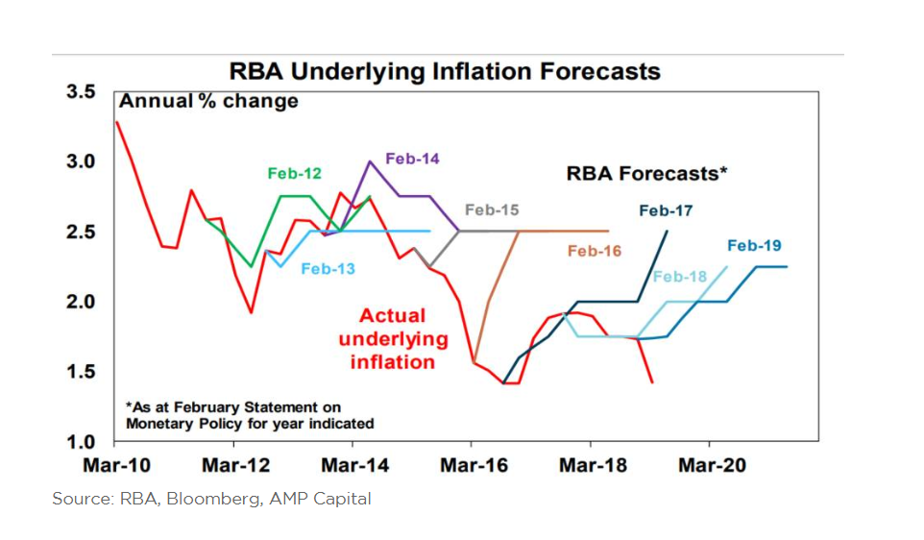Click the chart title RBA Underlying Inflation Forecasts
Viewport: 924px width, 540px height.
point(444,71)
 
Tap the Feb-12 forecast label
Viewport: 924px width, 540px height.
point(294,174)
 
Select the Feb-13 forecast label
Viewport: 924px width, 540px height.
point(328,269)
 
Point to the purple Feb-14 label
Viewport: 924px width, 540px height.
point(412,159)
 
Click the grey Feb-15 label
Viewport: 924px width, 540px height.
point(492,210)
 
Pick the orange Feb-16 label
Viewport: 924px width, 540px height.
point(595,252)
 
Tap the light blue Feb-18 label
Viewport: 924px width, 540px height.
point(679,278)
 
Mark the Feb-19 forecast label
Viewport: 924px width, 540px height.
point(754,246)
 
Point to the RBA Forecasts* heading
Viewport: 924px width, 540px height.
point(645,174)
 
